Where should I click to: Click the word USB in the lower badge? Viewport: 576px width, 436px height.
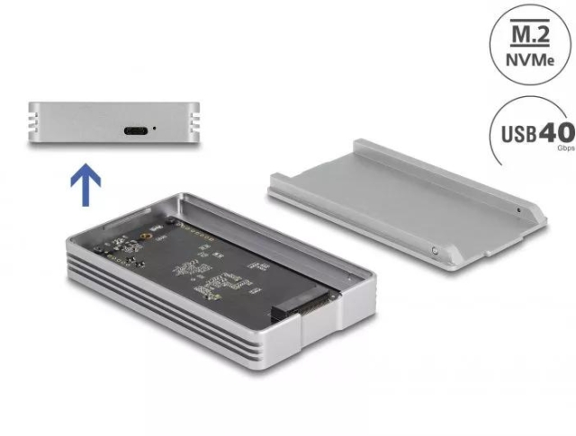click(517, 134)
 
